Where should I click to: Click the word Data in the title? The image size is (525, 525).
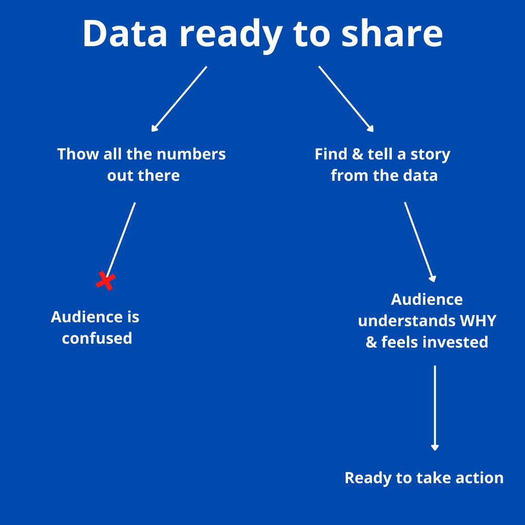pos(125,34)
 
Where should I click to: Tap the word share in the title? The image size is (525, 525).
pos(392,33)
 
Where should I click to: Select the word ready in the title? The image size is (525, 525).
pos(231,35)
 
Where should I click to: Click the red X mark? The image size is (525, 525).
pos(106,280)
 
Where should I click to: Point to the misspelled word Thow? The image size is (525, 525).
pos(78,154)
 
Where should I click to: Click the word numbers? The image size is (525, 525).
pos(191,154)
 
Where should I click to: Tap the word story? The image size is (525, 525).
pos(430,155)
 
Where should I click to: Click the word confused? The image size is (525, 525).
pos(97,338)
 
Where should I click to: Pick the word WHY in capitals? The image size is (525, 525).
pos(478,321)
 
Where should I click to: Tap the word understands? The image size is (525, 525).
pos(407,321)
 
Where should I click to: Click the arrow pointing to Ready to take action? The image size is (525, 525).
pos(435,408)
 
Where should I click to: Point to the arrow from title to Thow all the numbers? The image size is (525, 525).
pos(179,99)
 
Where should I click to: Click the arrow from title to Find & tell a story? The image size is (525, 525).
pos(346,99)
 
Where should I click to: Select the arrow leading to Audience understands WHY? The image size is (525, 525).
pos(420,242)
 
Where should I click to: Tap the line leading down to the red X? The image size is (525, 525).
pos(121,240)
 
